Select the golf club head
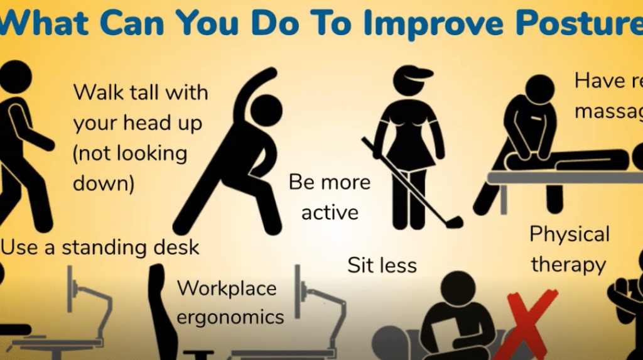point(454,222)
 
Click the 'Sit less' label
point(382,265)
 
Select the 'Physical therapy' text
point(569,249)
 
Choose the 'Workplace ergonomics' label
point(227,302)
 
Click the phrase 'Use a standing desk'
point(100,247)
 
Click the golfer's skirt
point(409,153)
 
